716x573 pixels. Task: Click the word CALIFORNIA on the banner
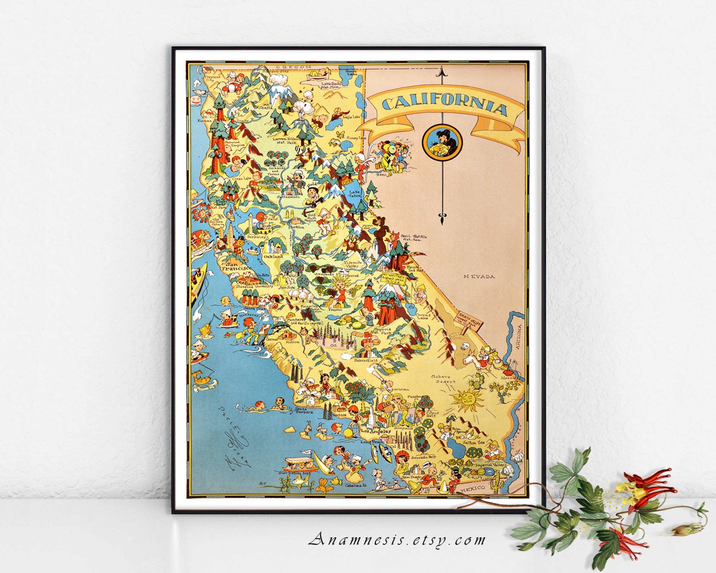(444, 107)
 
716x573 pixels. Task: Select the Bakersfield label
(366, 361)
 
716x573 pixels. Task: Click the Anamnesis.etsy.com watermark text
(397, 540)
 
